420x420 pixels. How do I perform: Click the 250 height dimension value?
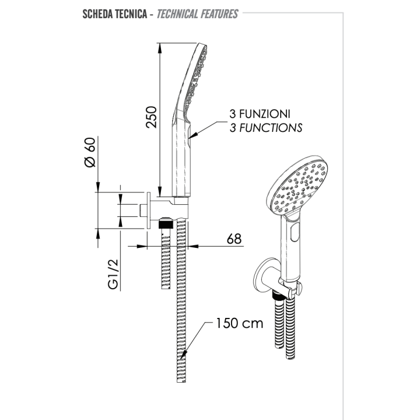151,116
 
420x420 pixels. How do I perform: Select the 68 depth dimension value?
233,238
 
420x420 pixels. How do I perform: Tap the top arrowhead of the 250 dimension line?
160,47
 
